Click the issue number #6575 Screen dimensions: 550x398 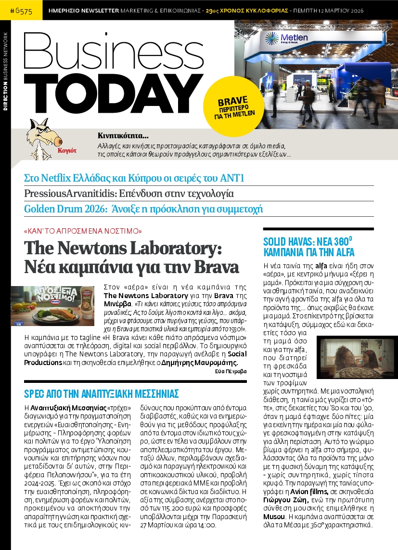tap(21, 10)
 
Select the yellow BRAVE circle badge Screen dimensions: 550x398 tap(233, 106)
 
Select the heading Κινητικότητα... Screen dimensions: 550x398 tap(123, 135)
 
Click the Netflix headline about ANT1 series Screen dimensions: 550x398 tap(128, 178)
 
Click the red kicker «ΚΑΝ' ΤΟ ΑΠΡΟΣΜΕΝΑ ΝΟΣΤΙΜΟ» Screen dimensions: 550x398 tap(83, 231)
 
